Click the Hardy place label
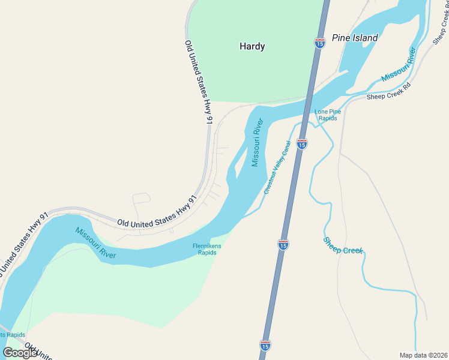252,46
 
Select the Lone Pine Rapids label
328,115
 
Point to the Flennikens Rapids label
207,249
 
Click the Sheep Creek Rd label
388,91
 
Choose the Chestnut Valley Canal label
277,167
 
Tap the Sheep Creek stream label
343,245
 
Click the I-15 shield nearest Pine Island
320,43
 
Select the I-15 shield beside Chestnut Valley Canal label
302,144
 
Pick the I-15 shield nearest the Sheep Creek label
283,244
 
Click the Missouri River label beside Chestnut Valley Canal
258,143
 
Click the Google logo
20,353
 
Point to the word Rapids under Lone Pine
328,118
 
